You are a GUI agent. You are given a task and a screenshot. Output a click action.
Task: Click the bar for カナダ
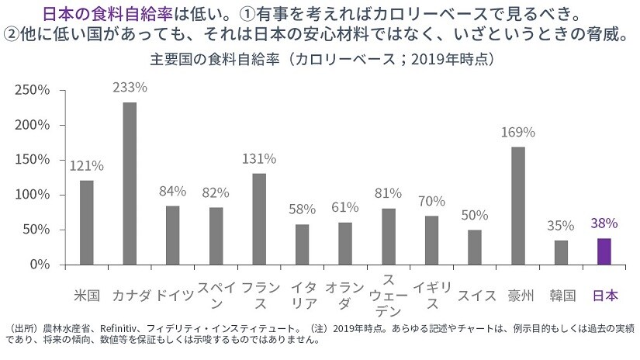130,183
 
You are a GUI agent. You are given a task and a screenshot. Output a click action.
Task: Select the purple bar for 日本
604,251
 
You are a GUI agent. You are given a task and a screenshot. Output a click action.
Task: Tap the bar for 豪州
518,206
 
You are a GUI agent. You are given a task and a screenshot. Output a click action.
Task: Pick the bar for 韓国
561,252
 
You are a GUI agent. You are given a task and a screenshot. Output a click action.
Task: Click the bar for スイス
475,247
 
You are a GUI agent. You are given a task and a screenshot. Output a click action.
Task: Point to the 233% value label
130,88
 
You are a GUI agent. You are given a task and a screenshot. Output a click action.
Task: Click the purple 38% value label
604,223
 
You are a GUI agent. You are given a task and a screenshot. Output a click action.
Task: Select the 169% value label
518,132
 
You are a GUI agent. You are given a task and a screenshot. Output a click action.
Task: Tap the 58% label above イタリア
302,209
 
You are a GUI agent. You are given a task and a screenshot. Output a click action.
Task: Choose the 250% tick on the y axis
33,90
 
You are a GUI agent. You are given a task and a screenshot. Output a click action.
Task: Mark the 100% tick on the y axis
33,195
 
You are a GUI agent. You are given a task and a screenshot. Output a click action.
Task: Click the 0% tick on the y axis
40,265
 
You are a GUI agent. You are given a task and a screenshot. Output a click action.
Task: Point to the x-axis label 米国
86,296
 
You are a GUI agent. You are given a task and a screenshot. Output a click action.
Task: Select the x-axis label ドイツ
173,296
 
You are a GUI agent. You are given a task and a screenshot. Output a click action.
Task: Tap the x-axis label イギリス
431,296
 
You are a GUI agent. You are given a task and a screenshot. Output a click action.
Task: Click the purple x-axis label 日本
604,296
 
